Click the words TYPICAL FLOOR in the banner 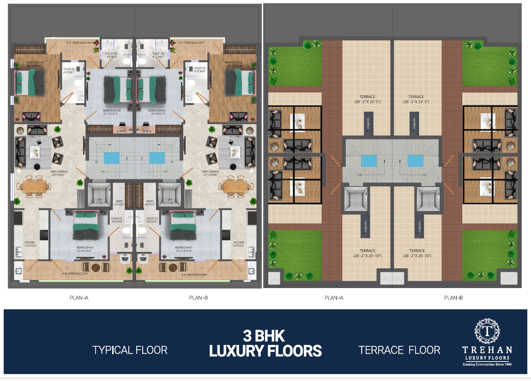pyautogui.click(x=130, y=350)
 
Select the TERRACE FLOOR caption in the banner pyautogui.click(x=399, y=350)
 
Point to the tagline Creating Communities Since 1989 pyautogui.click(x=488, y=364)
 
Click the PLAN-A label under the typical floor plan pyautogui.click(x=79, y=298)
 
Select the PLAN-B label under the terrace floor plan pyautogui.click(x=453, y=298)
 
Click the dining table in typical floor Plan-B pyautogui.click(x=236, y=186)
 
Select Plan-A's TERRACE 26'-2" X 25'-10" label pyautogui.click(x=368, y=253)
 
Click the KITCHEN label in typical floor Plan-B pyautogui.click(x=239, y=244)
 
